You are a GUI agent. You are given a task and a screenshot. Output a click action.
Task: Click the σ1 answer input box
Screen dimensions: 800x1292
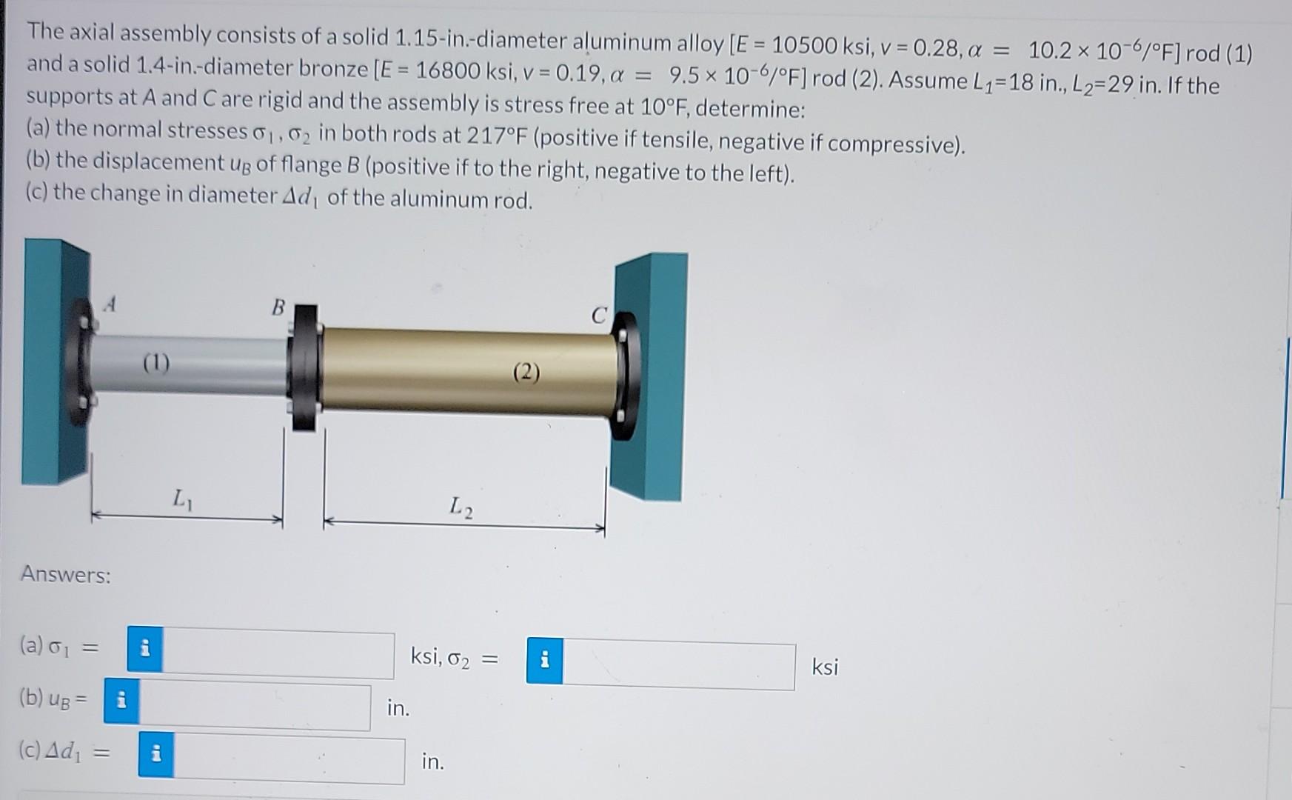[x=278, y=654]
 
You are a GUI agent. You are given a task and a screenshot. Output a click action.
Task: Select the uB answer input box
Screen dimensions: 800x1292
[x=255, y=706]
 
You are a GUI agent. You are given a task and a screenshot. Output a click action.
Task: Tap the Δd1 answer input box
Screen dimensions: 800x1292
[x=289, y=760]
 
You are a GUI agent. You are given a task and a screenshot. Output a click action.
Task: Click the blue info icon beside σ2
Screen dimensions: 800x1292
[x=544, y=660]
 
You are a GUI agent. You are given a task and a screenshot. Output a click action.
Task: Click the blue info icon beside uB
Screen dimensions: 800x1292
[x=121, y=699]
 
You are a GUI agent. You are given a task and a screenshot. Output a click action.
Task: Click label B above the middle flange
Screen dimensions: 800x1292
[x=278, y=307]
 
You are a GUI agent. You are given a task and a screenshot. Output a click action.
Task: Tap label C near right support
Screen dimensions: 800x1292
[x=598, y=316]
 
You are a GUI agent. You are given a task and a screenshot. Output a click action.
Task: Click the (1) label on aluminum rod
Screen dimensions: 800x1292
[x=156, y=363]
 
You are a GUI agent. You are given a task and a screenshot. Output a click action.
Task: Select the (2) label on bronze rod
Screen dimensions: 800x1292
[x=526, y=372]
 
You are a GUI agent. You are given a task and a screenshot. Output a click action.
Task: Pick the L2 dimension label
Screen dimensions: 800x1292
[x=461, y=507]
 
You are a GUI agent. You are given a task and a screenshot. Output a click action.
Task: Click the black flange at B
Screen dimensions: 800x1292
[x=304, y=367]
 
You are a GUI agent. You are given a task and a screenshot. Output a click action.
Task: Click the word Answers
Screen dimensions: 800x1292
[x=66, y=574]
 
